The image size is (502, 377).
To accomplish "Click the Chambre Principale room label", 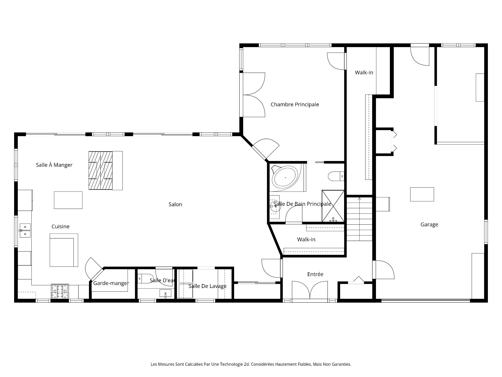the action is pos(295,104).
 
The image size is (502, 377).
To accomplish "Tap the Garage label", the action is pos(429,224).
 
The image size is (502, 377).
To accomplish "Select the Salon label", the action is pos(175,204).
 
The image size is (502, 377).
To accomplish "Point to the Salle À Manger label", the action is pos(54,165).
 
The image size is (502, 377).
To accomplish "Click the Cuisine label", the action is pos(60,226).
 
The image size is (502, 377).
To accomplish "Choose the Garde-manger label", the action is pos(111,283).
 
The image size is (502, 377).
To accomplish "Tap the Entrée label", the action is pos(315,274).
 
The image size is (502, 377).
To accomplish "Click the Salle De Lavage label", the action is pos(207,286).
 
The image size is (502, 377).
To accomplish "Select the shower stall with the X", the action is pos(333,206).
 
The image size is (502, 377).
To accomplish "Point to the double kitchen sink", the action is pos(25,230).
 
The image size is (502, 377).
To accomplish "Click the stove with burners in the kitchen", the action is pos(60,291).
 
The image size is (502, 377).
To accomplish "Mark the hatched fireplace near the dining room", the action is pos(101,170).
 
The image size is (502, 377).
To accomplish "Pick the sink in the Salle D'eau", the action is pos(165,293).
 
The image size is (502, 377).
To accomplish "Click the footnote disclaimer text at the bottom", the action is pos(251,364).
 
